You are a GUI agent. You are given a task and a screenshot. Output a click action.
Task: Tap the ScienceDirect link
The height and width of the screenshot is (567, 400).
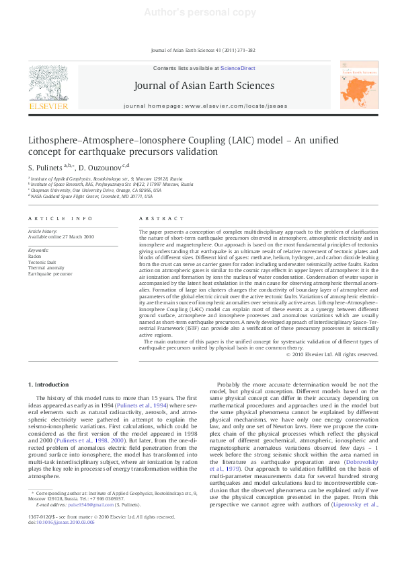pos(238,69)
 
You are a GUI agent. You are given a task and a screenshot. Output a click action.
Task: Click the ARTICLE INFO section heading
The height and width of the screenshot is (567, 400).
pos(51,219)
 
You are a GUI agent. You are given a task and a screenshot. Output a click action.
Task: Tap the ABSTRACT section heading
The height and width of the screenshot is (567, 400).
pos(151,219)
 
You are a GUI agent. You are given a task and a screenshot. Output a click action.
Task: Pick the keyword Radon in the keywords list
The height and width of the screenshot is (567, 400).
pos(34,257)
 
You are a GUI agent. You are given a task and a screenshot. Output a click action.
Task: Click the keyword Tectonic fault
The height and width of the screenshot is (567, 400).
pos(41,263)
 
